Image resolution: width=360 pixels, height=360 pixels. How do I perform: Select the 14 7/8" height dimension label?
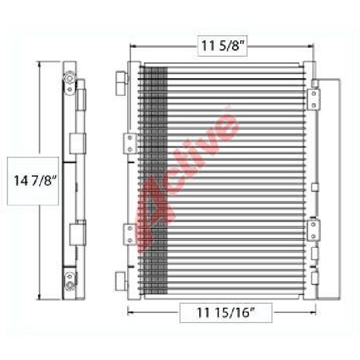tap(33, 180)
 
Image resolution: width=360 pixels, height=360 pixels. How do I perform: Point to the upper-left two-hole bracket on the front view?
tap(129, 142)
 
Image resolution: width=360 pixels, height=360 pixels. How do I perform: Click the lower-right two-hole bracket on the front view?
tap(312, 230)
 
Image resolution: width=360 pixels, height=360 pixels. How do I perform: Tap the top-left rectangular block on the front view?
tap(121, 81)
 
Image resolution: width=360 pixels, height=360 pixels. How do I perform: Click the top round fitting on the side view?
tap(69, 79)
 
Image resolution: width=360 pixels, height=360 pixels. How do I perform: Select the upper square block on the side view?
tap(76, 144)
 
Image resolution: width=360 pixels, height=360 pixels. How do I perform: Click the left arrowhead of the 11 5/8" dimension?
tap(134, 47)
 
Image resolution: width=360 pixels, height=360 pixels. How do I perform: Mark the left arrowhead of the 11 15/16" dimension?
tap(130, 311)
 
